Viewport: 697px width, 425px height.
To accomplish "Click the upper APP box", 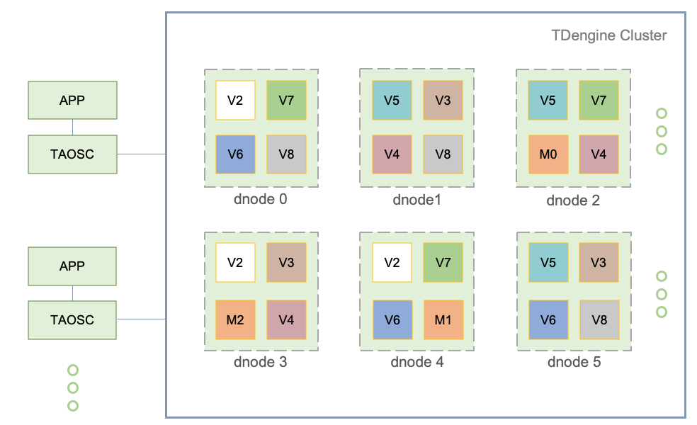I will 72,100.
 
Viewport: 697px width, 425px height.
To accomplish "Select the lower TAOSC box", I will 72,319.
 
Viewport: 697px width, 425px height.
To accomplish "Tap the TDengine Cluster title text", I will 608,35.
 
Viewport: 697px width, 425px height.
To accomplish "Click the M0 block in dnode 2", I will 548,154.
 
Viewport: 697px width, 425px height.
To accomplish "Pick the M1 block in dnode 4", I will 443,319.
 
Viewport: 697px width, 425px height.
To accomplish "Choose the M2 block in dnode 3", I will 235,319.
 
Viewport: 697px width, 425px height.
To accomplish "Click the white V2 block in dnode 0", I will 235,100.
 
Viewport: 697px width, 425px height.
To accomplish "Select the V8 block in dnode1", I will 443,154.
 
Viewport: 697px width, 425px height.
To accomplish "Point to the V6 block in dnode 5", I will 548,319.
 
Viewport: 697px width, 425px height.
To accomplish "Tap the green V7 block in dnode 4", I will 443,262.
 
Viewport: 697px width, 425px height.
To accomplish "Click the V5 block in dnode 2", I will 548,100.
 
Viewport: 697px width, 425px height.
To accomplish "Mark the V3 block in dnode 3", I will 286,262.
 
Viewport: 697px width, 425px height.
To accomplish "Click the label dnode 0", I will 260,199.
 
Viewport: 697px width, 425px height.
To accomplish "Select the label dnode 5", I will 574,363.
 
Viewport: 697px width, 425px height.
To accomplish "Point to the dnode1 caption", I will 416,200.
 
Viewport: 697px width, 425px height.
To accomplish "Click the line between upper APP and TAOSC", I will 72,127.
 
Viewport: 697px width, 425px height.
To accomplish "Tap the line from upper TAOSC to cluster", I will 141,154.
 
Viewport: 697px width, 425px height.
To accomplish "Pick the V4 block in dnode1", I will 392,154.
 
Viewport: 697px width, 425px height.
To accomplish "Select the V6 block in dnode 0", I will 235,154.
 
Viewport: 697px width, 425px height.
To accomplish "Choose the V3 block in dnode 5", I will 599,262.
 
